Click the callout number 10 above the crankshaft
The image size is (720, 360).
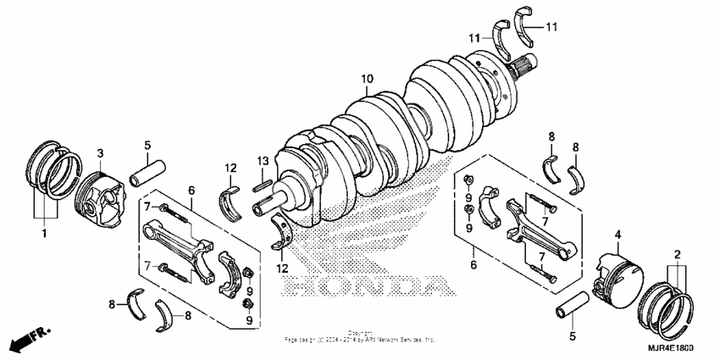pos(366,80)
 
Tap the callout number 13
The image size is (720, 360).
pos(263,161)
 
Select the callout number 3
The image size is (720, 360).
pos(99,153)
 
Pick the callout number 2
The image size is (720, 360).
pos(677,253)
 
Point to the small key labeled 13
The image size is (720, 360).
pos(263,178)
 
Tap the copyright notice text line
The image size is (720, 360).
pos(360,338)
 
